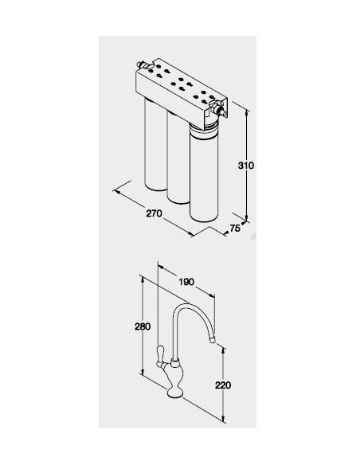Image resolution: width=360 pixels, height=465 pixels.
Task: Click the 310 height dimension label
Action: (246, 165)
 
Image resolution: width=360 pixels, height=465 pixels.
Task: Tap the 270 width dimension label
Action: (155, 213)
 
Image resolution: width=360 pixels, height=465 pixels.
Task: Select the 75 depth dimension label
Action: (235, 228)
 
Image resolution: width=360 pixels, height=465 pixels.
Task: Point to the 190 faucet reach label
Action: (186, 281)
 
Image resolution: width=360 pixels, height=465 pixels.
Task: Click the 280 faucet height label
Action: (143, 326)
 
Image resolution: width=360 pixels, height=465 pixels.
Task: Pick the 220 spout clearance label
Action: (223, 385)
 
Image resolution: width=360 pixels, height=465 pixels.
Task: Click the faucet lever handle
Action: (160, 357)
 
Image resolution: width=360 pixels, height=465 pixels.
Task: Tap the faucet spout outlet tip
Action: (213, 341)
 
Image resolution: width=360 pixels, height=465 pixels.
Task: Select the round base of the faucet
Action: (175, 393)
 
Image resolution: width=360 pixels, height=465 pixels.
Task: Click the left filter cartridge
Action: (155, 144)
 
